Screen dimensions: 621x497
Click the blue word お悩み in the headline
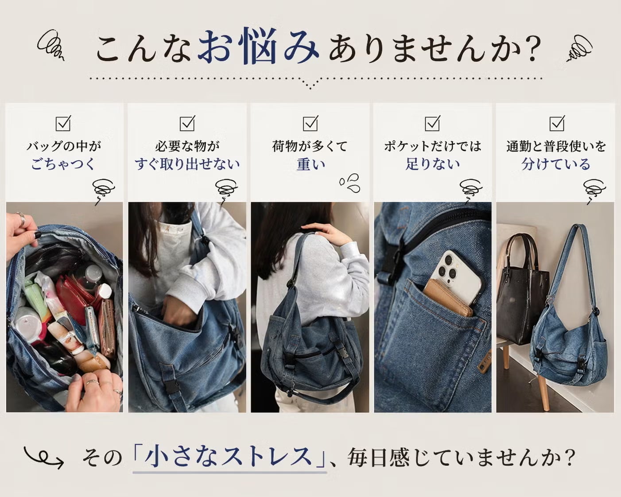(x=258, y=46)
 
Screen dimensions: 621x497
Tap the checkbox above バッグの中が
(x=63, y=123)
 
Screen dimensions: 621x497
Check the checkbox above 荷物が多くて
(x=310, y=123)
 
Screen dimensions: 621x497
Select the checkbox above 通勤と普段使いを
(x=557, y=123)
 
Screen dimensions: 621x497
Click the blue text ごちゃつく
(x=63, y=164)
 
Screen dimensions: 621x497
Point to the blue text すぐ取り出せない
(x=187, y=164)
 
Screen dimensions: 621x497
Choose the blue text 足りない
(x=433, y=164)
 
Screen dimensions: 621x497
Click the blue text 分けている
(x=556, y=164)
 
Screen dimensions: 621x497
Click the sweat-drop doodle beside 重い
(x=350, y=182)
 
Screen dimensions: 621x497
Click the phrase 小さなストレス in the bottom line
(x=229, y=457)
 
